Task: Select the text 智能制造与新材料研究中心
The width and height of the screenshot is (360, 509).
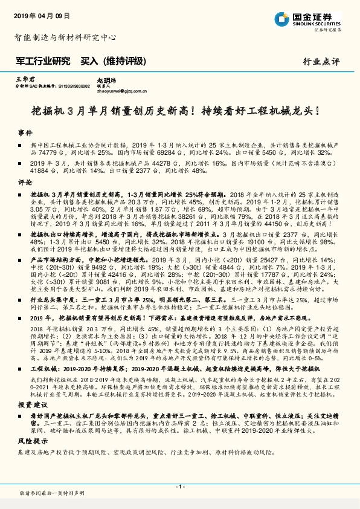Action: [65, 37]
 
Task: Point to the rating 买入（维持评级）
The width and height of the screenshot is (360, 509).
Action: [114, 60]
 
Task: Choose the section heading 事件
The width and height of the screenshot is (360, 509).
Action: [25, 133]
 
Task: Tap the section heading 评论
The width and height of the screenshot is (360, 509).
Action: [25, 181]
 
